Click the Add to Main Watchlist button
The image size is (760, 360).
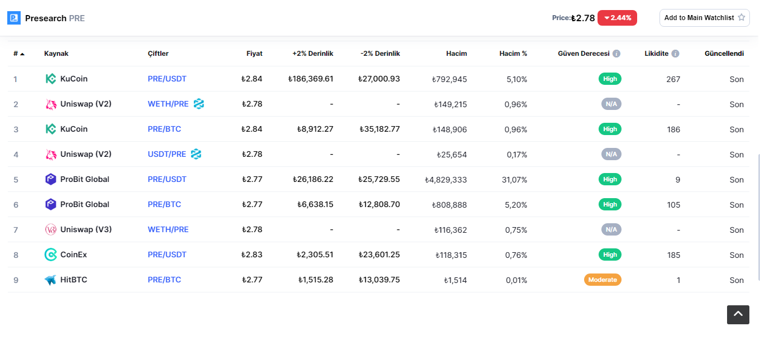click(x=704, y=18)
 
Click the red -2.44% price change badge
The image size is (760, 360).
click(x=617, y=18)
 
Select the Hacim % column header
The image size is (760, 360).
click(x=513, y=53)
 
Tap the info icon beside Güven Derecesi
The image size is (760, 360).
click(x=616, y=54)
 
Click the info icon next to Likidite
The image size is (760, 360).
click(x=675, y=54)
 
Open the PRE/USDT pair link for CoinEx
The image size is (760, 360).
click(x=167, y=255)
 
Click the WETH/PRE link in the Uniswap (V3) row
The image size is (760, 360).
click(x=168, y=229)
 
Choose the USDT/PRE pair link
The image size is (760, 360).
click(x=166, y=154)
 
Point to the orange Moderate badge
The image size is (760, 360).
click(x=603, y=280)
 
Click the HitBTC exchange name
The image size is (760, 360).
click(x=74, y=280)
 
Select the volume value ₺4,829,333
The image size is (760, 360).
click(x=446, y=180)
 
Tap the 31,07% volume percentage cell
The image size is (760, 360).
click(x=514, y=180)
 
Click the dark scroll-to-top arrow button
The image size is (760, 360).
click(x=738, y=315)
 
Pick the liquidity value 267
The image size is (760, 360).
click(x=673, y=79)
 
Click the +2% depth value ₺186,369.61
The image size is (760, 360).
click(x=310, y=79)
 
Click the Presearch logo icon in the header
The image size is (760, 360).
click(x=14, y=18)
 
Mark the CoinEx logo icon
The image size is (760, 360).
click(x=51, y=255)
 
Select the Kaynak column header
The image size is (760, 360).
click(x=56, y=53)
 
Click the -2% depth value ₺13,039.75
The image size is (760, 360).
click(x=379, y=280)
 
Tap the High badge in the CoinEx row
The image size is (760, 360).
click(x=610, y=255)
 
